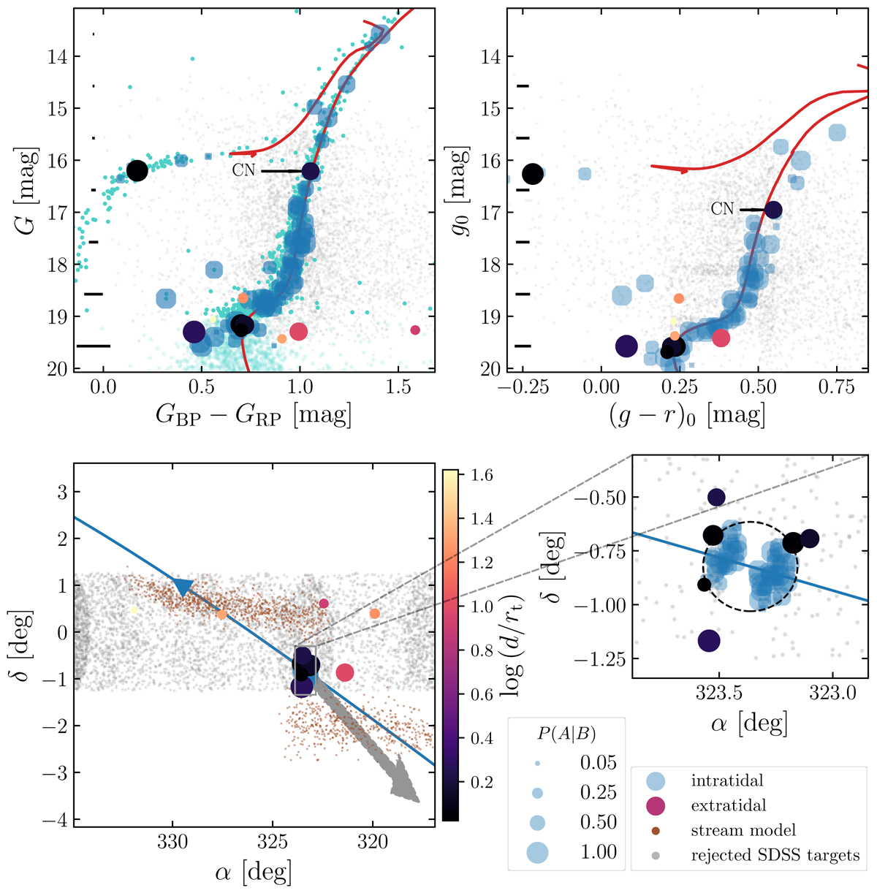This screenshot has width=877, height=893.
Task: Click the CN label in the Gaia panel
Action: pyautogui.click(x=243, y=172)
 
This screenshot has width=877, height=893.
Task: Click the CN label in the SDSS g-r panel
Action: pyautogui.click(x=722, y=209)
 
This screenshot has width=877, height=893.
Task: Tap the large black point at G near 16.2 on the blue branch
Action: pyautogui.click(x=137, y=170)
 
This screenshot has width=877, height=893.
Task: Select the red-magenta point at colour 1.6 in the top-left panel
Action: pyautogui.click(x=415, y=330)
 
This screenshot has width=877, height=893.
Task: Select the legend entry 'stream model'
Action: pyautogui.click(x=743, y=830)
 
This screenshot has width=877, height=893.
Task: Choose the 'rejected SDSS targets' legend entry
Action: pyautogui.click(x=775, y=855)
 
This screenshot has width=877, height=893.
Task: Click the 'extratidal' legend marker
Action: pyautogui.click(x=660, y=805)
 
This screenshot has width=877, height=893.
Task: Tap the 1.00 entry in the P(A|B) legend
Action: pyautogui.click(x=599, y=852)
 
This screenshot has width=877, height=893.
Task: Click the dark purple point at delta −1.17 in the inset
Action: pyautogui.click(x=708, y=641)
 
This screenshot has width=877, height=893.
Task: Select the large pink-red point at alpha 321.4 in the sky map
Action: pyautogui.click(x=345, y=672)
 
